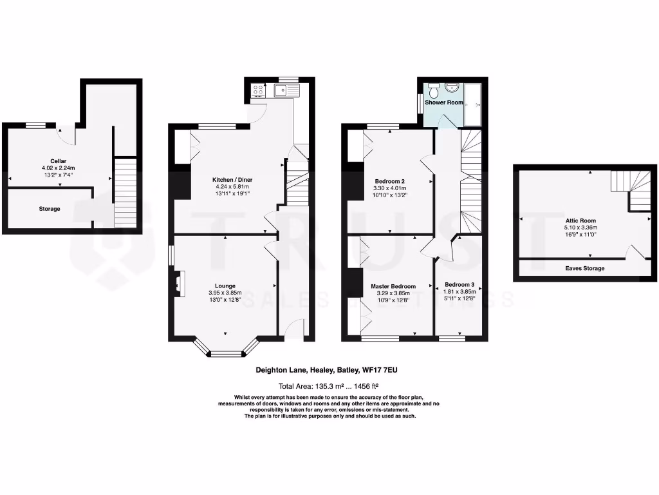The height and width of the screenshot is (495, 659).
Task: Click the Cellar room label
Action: [59, 161]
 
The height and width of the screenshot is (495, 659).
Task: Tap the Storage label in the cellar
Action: [50, 209]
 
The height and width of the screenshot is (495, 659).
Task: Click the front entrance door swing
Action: [294, 329]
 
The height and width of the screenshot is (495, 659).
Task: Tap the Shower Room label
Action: [444, 102]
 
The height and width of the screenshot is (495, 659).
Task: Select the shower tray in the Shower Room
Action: [474, 104]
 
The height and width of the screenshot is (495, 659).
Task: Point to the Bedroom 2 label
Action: [389, 181]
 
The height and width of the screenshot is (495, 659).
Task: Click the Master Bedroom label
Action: [393, 286]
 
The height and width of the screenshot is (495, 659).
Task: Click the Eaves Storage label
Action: [584, 268]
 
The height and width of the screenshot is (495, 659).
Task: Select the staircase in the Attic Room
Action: [631, 191]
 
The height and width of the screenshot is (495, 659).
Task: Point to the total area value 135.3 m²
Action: [330, 387]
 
